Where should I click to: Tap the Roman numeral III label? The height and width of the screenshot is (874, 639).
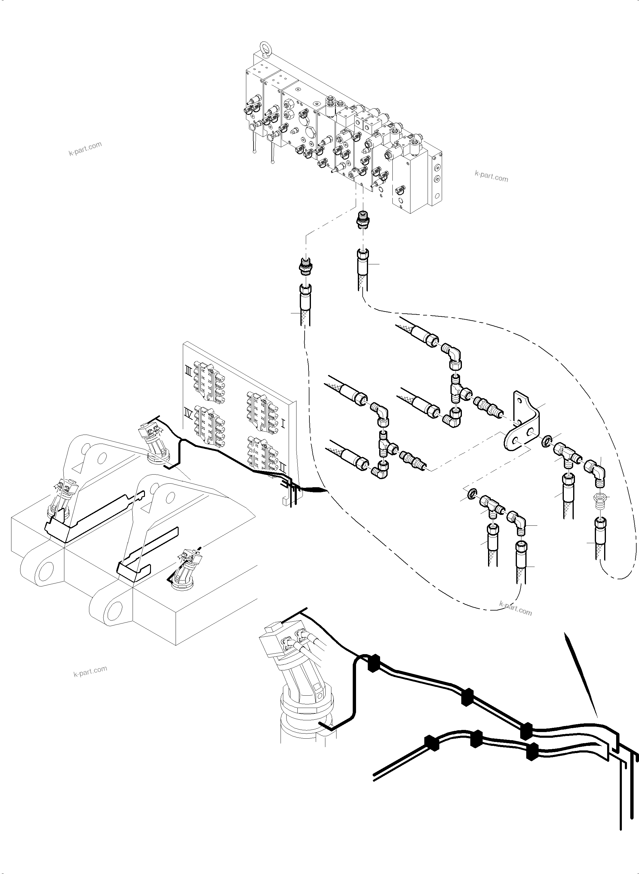pyautogui.click(x=188, y=373)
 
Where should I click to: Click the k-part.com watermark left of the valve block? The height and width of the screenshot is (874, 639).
pyautogui.click(x=85, y=148)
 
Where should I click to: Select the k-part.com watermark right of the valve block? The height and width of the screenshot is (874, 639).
pyautogui.click(x=491, y=177)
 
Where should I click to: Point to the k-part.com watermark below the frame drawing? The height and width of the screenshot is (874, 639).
pyautogui.click(x=90, y=671)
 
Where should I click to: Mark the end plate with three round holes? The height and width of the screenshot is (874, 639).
pyautogui.click(x=437, y=178)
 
